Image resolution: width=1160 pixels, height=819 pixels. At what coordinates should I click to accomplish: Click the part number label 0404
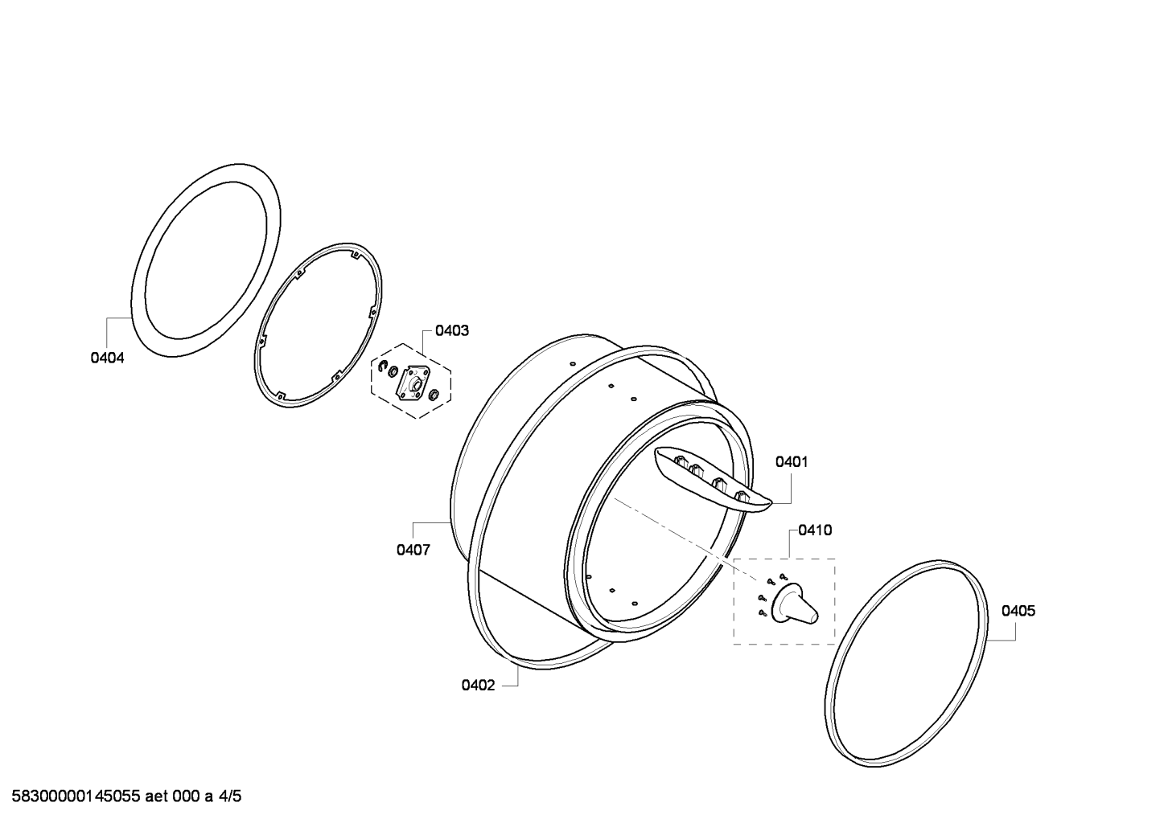click(x=107, y=358)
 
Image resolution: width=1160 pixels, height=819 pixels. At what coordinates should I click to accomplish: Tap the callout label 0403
click(x=451, y=330)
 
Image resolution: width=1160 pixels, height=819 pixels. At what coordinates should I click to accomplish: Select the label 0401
click(x=792, y=461)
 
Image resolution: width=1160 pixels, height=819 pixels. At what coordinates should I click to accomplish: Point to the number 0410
click(x=815, y=530)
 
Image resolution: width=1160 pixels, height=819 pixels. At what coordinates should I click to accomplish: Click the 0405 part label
click(x=1018, y=611)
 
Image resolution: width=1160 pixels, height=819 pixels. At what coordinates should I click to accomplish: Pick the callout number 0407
click(x=413, y=550)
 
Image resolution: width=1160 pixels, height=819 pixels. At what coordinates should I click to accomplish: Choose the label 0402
click(x=478, y=686)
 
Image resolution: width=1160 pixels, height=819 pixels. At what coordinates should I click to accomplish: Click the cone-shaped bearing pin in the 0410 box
click(x=795, y=604)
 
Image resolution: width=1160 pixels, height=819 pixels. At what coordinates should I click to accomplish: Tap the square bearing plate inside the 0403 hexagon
click(x=413, y=383)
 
